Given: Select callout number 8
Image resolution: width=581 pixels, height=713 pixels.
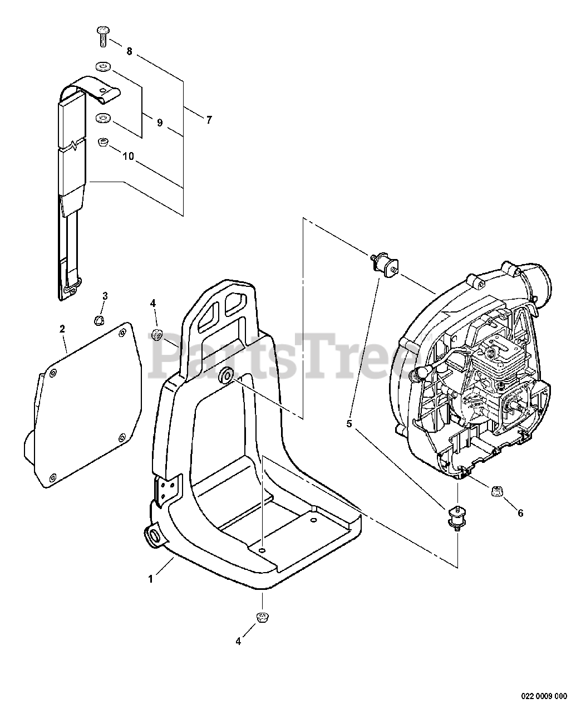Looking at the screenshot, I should click(129, 52).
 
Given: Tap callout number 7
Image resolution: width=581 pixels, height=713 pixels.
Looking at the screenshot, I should click(209, 119).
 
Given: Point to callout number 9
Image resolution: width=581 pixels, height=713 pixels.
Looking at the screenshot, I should click(160, 123).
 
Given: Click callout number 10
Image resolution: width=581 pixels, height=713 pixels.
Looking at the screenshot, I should click(128, 157).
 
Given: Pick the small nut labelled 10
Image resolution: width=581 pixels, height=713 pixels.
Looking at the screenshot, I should click(103, 143).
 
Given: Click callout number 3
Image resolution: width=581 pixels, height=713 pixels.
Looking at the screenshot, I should click(105, 295).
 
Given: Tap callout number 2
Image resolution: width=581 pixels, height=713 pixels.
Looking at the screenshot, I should click(62, 329).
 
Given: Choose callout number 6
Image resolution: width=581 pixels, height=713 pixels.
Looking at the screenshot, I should click(520, 513).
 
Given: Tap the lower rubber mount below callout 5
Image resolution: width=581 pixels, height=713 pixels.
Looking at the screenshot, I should click(456, 515).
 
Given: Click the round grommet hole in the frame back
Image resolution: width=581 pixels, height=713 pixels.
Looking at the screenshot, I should click(226, 376).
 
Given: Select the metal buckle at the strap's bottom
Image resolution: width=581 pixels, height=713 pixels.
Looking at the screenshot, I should click(68, 289).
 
